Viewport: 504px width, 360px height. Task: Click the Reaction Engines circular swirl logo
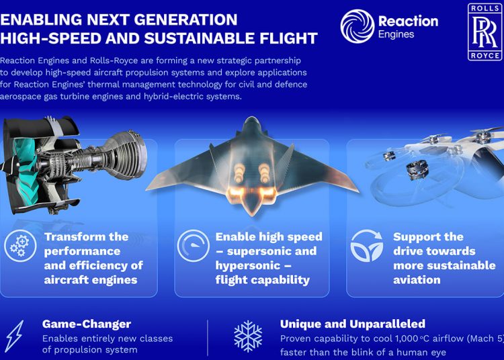pyautogui.click(x=357, y=27)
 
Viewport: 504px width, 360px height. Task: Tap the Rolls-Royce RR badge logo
pyautogui.click(x=484, y=32)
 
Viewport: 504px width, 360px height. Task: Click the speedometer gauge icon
pyautogui.click(x=193, y=246)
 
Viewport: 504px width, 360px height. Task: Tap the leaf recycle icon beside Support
pyautogui.click(x=367, y=246)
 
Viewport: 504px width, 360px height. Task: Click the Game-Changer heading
pyautogui.click(x=86, y=324)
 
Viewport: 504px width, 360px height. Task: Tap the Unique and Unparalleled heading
pyautogui.click(x=352, y=324)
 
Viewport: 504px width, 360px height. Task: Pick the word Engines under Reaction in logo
pyautogui.click(x=396, y=34)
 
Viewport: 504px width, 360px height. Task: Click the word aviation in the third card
pyautogui.click(x=417, y=279)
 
